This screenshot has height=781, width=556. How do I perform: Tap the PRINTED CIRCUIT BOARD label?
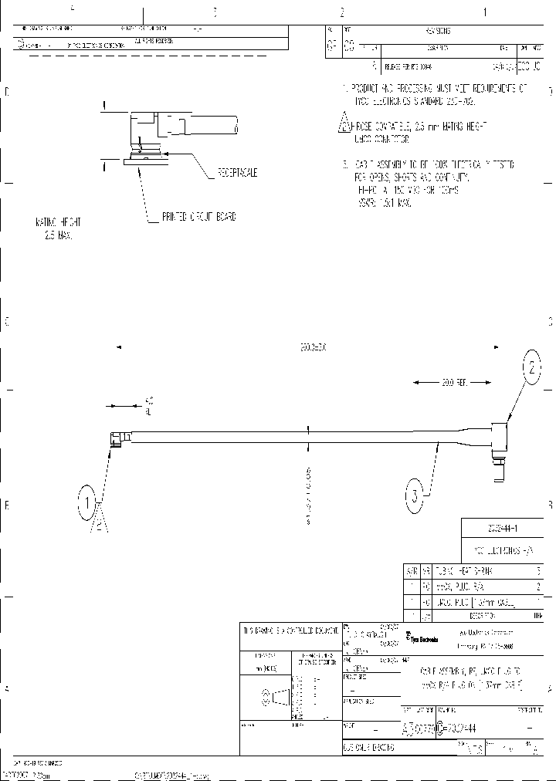[198, 218]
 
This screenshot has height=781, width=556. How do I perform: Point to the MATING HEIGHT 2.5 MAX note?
[57, 228]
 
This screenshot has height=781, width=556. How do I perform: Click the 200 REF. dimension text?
[456, 382]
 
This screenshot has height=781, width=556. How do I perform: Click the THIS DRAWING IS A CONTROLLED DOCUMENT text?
[290, 631]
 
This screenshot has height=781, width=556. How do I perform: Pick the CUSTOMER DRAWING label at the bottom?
[368, 748]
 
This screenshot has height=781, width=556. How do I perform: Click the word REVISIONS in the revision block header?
[438, 31]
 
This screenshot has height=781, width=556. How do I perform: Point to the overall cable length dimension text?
[313, 347]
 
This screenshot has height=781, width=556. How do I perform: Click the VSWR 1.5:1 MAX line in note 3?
[384, 203]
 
